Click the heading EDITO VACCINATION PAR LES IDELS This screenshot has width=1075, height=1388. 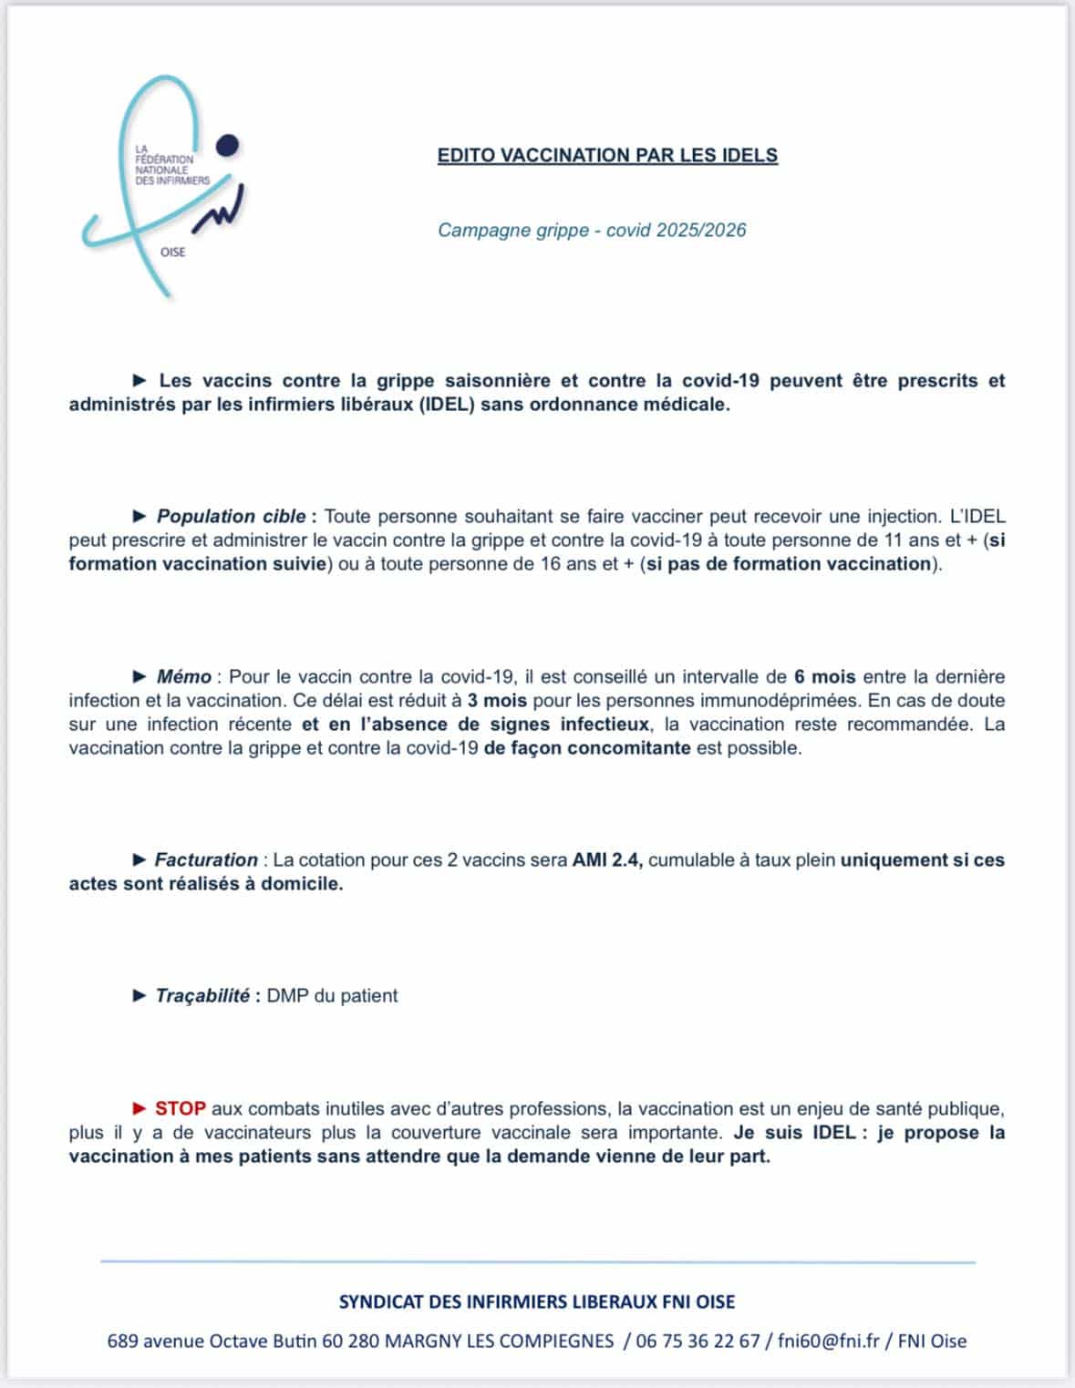[607, 155]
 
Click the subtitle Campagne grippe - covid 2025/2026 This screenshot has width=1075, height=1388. [592, 230]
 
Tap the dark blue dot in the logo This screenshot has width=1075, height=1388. [228, 145]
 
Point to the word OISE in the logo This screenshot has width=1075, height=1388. [172, 252]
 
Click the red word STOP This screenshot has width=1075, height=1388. [181, 1109]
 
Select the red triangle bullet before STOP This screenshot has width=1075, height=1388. [140, 1109]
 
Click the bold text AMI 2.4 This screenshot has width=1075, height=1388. [606, 859]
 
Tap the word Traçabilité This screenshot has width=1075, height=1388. [202, 995]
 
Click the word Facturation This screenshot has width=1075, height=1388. [206, 859]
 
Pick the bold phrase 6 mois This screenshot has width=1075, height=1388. [824, 676]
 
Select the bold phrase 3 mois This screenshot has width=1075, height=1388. [497, 700]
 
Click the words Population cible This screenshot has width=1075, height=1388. [231, 516]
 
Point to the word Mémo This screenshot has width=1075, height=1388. [184, 676]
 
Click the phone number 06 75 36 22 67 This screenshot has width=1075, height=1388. [698, 1341]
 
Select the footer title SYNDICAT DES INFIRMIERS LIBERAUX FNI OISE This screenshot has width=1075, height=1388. [536, 1301]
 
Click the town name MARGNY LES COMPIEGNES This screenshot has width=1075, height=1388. [499, 1341]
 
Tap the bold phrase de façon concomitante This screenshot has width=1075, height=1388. [587, 748]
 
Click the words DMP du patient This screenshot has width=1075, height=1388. [332, 995]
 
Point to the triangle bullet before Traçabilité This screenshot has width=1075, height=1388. [140, 995]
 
